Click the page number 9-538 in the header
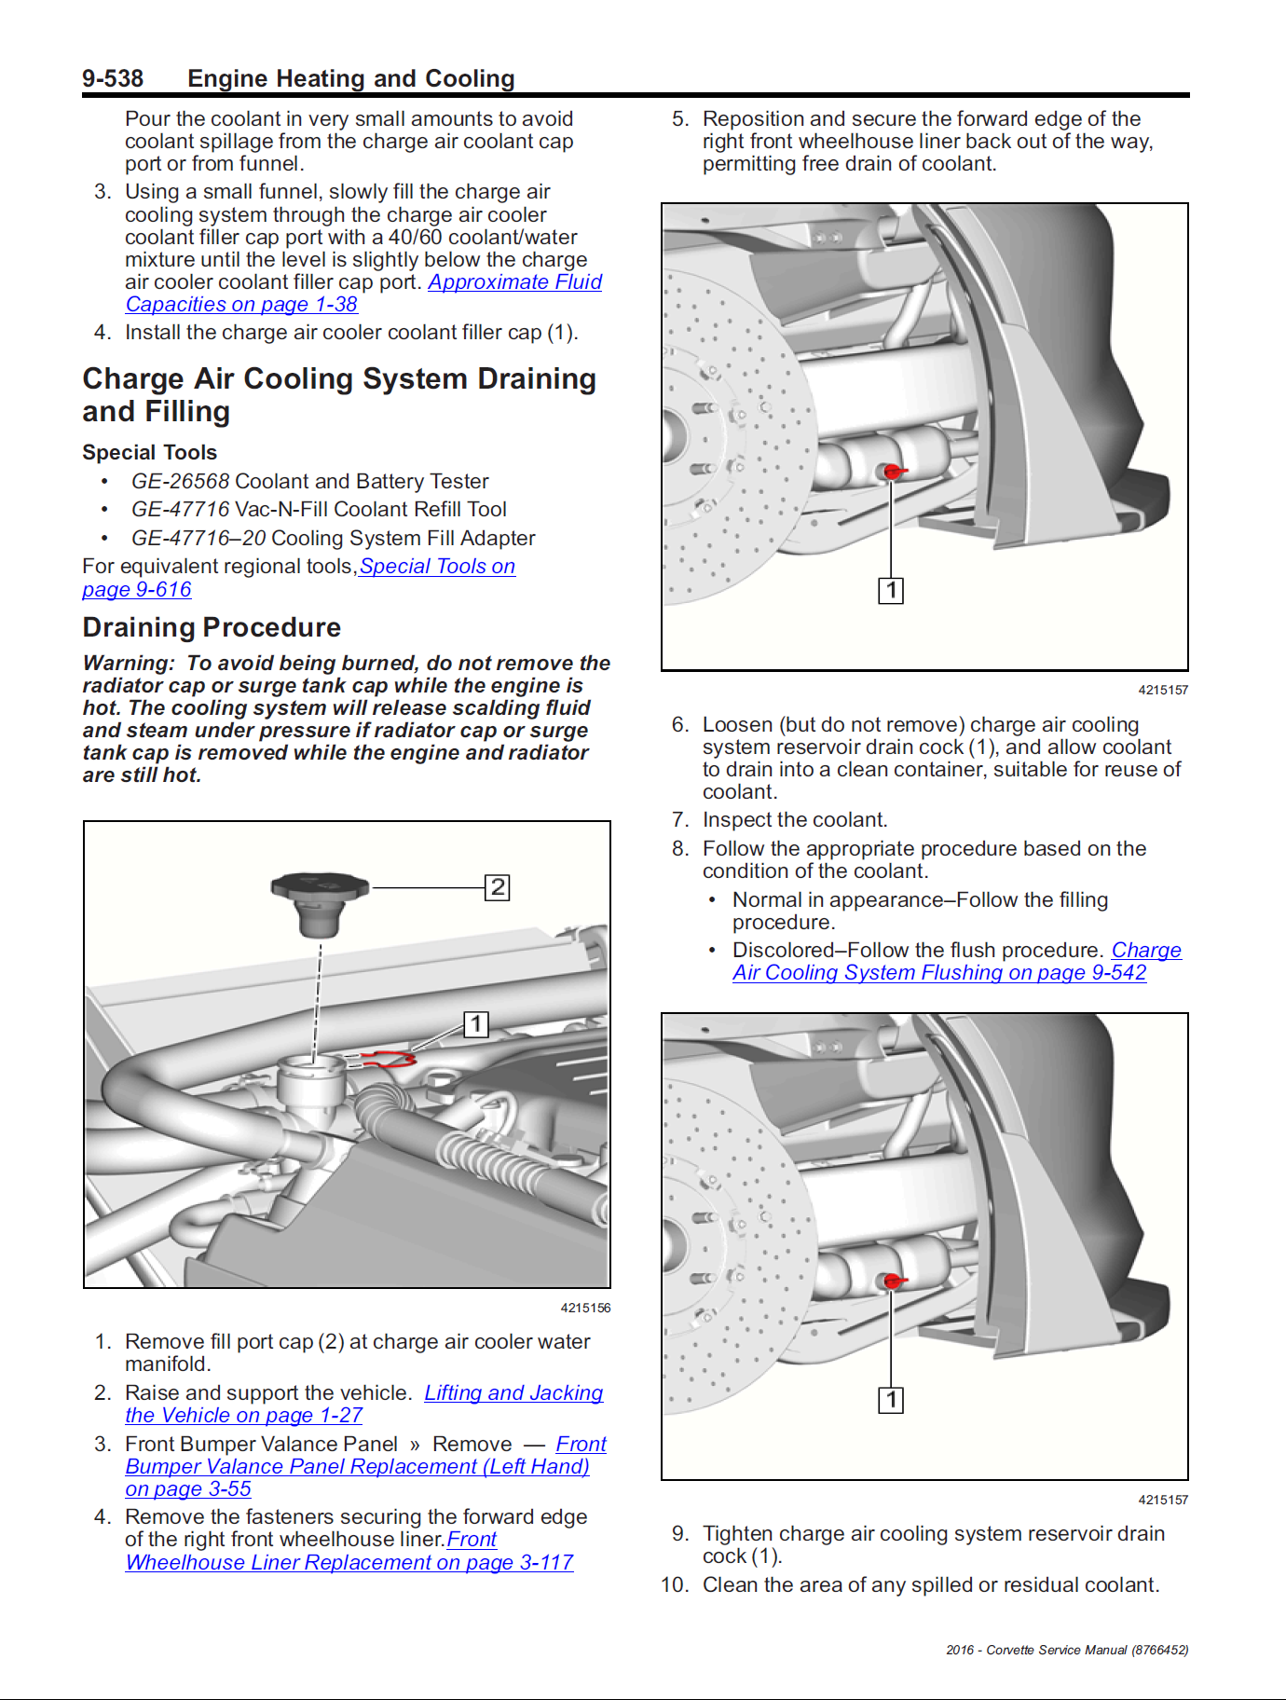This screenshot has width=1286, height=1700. pyautogui.click(x=113, y=79)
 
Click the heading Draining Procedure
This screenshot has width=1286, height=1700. pyautogui.click(x=212, y=627)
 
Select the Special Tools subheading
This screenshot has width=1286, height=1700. pyautogui.click(x=149, y=453)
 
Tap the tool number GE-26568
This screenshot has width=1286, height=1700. pyautogui.click(x=180, y=482)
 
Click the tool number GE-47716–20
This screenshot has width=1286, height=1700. pyautogui.click(x=198, y=539)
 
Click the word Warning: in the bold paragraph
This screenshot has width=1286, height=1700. pyautogui.click(x=129, y=664)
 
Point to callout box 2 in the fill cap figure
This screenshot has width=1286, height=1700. pyautogui.click(x=498, y=887)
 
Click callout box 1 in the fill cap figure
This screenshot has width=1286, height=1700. pyautogui.click(x=476, y=1025)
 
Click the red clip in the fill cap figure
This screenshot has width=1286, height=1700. pyautogui.click(x=391, y=1058)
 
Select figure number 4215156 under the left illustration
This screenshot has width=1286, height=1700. pyautogui.click(x=585, y=1309)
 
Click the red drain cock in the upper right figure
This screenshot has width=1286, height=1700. pyautogui.click(x=893, y=472)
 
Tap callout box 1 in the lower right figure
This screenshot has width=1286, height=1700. pyautogui.click(x=891, y=1400)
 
